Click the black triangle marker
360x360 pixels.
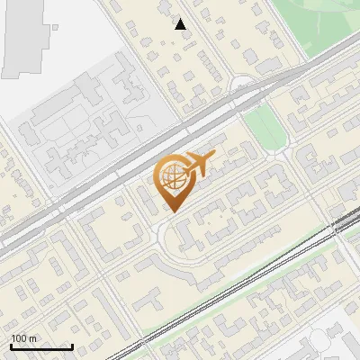[x=181, y=24]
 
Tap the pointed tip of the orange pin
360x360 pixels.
[x=171, y=211]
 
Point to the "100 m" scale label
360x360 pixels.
[x=23, y=338]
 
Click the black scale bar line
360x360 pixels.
[x=40, y=346]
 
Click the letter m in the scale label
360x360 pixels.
[x=32, y=338]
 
